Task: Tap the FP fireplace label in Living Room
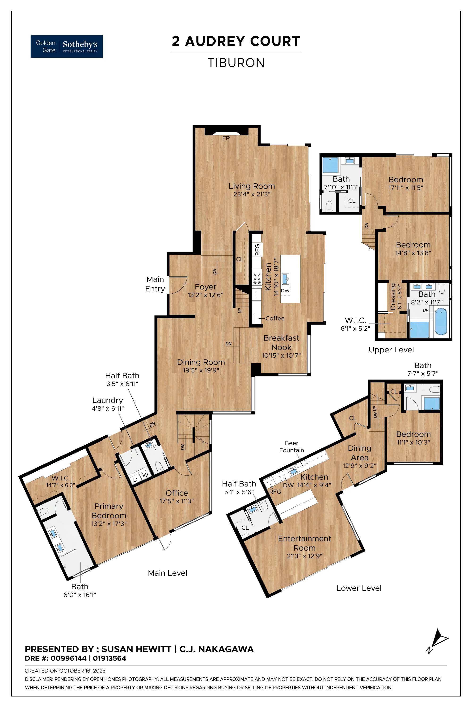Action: point(226,138)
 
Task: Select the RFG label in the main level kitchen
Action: point(257,249)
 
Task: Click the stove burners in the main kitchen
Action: point(257,278)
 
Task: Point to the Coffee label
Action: point(275,318)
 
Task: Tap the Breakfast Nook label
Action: point(282,343)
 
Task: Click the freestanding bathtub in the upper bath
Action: point(441,321)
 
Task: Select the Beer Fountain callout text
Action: point(291,447)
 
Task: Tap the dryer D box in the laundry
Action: point(135,480)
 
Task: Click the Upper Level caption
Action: point(391,350)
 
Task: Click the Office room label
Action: point(177,493)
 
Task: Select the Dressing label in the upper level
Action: point(393,296)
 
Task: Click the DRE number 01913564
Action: point(110,658)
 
